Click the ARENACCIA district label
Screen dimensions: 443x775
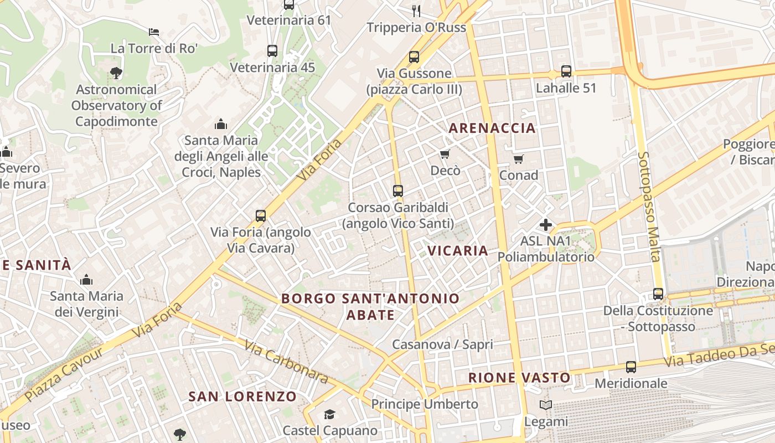pyautogui.click(x=492, y=128)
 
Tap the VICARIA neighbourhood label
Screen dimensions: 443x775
pyautogui.click(x=458, y=250)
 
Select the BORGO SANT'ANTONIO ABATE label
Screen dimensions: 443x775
pyautogui.click(x=370, y=306)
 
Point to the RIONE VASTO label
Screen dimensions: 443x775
pyautogui.click(x=519, y=378)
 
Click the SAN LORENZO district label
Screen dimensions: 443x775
pyautogui.click(x=242, y=396)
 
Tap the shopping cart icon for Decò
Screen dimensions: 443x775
pyautogui.click(x=445, y=154)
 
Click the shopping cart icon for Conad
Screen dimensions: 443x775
pyautogui.click(x=519, y=159)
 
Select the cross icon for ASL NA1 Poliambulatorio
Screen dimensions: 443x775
pyautogui.click(x=546, y=225)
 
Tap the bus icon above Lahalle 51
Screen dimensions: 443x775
pyautogui.click(x=566, y=71)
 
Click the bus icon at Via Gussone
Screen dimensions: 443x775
pyautogui.click(x=414, y=57)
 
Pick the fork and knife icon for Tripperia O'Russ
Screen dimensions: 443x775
pyautogui.click(x=416, y=11)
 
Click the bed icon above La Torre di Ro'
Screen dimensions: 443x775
pyautogui.click(x=154, y=32)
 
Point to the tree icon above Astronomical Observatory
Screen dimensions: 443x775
pyautogui.click(x=116, y=73)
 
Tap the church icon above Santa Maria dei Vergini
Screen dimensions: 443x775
pyautogui.click(x=86, y=280)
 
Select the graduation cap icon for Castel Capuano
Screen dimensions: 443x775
pyautogui.click(x=330, y=414)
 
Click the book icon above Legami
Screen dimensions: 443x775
pyautogui.click(x=546, y=405)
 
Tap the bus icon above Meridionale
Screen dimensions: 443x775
pyautogui.click(x=631, y=367)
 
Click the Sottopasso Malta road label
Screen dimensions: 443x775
pyautogui.click(x=649, y=206)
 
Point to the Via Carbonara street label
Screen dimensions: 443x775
pyautogui.click(x=286, y=362)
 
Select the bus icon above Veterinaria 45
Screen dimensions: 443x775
pyautogui.click(x=272, y=51)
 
